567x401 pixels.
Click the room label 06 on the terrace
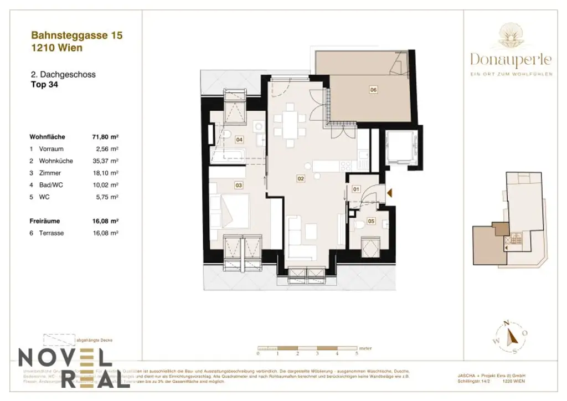pos(373,90)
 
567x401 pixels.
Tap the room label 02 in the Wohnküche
pos(301,179)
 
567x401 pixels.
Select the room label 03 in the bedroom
pos(239,186)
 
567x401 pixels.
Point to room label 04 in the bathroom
pos(239,140)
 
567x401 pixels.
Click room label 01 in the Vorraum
pos(357,189)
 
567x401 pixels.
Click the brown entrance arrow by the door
pos(390,193)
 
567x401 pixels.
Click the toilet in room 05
pos(359,224)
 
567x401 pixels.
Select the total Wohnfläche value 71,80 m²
pos(106,137)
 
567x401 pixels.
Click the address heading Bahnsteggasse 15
pos(77,35)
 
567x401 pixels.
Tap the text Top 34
pos(44,85)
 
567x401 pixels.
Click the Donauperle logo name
pos(511,59)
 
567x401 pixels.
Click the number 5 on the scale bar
pos(357,353)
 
